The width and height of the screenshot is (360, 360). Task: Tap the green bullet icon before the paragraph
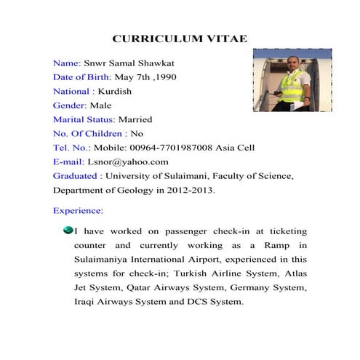pos(68,230)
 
